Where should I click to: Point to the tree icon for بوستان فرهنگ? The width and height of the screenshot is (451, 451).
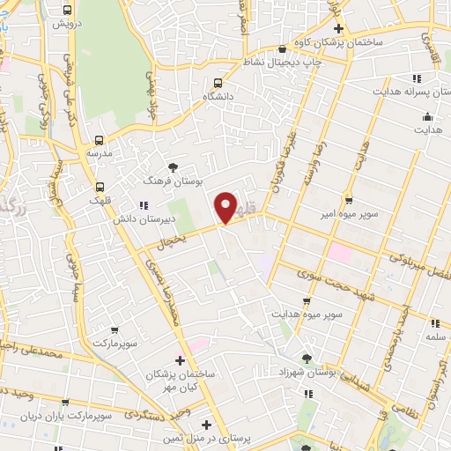pyautogui.click(x=173, y=166)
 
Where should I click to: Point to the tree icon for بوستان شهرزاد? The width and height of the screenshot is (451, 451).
pyautogui.click(x=307, y=358)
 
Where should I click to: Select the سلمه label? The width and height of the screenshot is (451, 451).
pyautogui.click(x=435, y=336)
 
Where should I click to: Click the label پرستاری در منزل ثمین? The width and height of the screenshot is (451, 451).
pyautogui.click(x=205, y=437)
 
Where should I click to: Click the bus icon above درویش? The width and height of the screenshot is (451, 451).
pyautogui.click(x=68, y=10)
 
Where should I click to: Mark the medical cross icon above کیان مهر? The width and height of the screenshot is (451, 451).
pyautogui.click(x=181, y=360)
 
